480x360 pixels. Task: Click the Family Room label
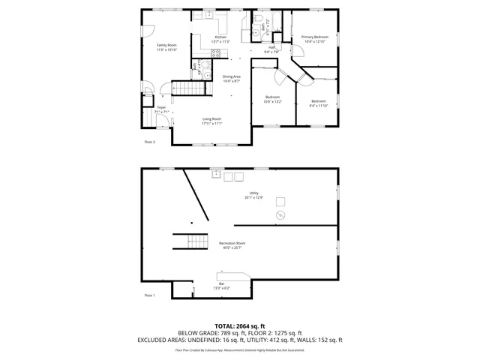click(166, 46)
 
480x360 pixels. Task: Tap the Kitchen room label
click(220, 37)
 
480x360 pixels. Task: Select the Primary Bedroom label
click(315, 37)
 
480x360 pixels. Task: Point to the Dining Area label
click(232, 76)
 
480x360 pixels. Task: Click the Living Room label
click(211, 119)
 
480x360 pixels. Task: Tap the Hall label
click(271, 48)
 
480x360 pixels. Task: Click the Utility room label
click(254, 193)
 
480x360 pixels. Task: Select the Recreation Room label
click(232, 243)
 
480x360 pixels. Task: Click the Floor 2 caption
click(150, 142)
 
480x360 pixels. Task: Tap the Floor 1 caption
click(150, 295)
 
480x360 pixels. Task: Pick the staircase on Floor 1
click(190, 241)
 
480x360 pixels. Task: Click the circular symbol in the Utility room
click(280, 215)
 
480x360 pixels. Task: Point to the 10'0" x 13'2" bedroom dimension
click(272, 101)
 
